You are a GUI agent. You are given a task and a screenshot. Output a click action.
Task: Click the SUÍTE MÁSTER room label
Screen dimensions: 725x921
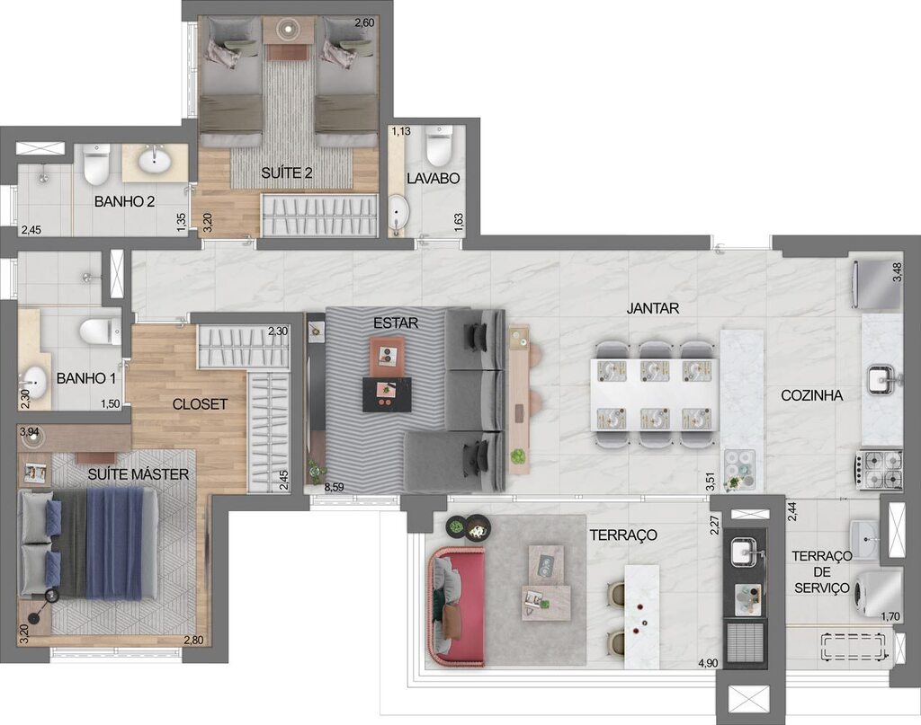(x=139, y=474)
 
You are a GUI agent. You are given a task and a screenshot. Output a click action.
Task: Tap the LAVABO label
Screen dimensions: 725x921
(x=434, y=179)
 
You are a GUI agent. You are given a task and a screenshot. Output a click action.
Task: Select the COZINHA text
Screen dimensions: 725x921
(x=811, y=395)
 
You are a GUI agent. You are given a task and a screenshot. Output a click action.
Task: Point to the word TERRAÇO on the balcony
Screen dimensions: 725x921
(x=622, y=535)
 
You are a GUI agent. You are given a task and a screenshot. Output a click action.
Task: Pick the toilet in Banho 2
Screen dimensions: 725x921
(x=96, y=164)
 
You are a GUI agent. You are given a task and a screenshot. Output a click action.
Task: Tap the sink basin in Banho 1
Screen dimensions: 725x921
(x=35, y=378)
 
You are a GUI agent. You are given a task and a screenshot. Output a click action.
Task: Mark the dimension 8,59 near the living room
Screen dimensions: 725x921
(x=334, y=488)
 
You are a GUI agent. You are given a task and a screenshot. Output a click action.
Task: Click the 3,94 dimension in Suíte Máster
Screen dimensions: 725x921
(x=29, y=433)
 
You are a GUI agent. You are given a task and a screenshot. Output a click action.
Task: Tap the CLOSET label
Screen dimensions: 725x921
(x=200, y=404)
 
